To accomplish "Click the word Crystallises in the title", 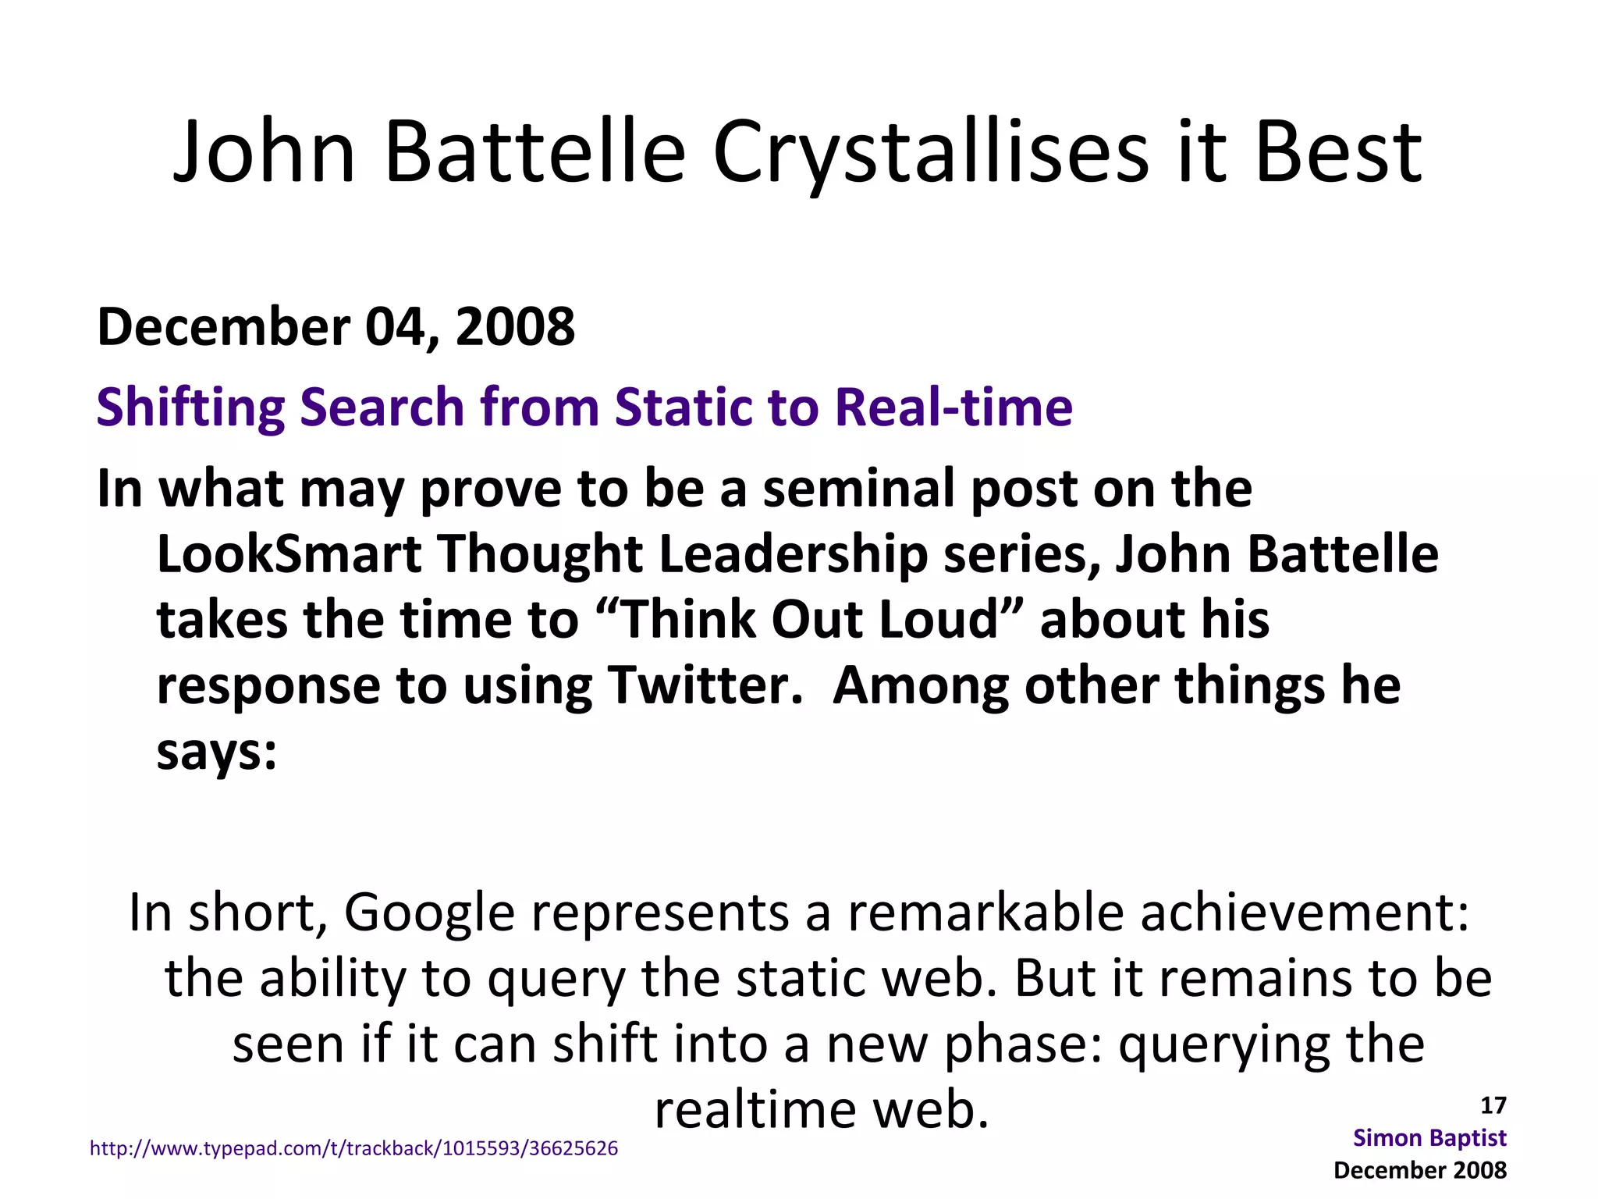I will click(x=929, y=153).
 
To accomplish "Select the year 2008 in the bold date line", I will click(x=515, y=326).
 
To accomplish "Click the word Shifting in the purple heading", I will click(x=190, y=407).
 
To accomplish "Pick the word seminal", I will click(x=858, y=489).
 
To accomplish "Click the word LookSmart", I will click(x=289, y=554).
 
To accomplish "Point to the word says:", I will click(x=217, y=752).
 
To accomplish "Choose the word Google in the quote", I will click(x=429, y=912).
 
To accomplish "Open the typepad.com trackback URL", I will click(x=354, y=1148).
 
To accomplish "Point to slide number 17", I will click(x=1493, y=1105).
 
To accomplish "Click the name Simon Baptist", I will click(x=1429, y=1137).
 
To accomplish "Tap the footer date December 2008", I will click(x=1420, y=1169).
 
